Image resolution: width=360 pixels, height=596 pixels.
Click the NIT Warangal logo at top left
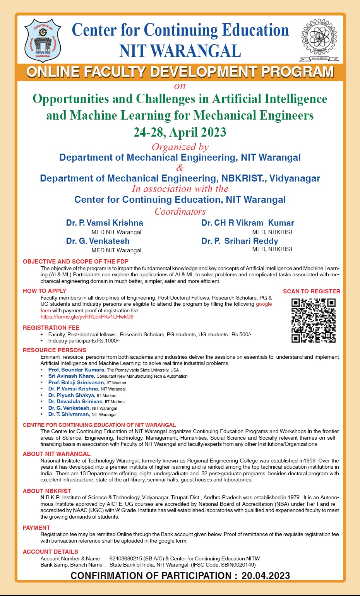pos(43,41)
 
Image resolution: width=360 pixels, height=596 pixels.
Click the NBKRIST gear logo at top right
pos(319,39)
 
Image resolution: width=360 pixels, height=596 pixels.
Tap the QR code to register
pos(313,320)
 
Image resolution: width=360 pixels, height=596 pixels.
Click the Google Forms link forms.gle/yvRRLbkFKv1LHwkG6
pos(87,317)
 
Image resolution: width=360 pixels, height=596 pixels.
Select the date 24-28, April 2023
pos(180,132)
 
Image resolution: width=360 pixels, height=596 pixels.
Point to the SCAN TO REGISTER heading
pos(311,291)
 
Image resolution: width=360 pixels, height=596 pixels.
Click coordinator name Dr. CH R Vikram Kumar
pos(247,223)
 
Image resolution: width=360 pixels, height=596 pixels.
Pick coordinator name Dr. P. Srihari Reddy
pos(240,241)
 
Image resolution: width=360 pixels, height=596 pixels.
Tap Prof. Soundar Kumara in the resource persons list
pos(77,370)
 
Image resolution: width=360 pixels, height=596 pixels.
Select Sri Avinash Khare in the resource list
pos(71,376)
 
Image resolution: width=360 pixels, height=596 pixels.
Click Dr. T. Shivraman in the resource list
pos(69,414)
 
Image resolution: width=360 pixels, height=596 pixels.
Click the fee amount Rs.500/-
pos(241,334)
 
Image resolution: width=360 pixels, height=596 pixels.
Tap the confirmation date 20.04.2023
pos(266,576)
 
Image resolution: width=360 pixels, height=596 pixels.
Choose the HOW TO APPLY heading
pos(45,291)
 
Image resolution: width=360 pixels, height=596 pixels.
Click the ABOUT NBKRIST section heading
pos(47,491)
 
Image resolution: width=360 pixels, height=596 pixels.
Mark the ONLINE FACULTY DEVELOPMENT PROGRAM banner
pos(180,72)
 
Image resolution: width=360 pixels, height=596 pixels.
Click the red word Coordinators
pos(180,212)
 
